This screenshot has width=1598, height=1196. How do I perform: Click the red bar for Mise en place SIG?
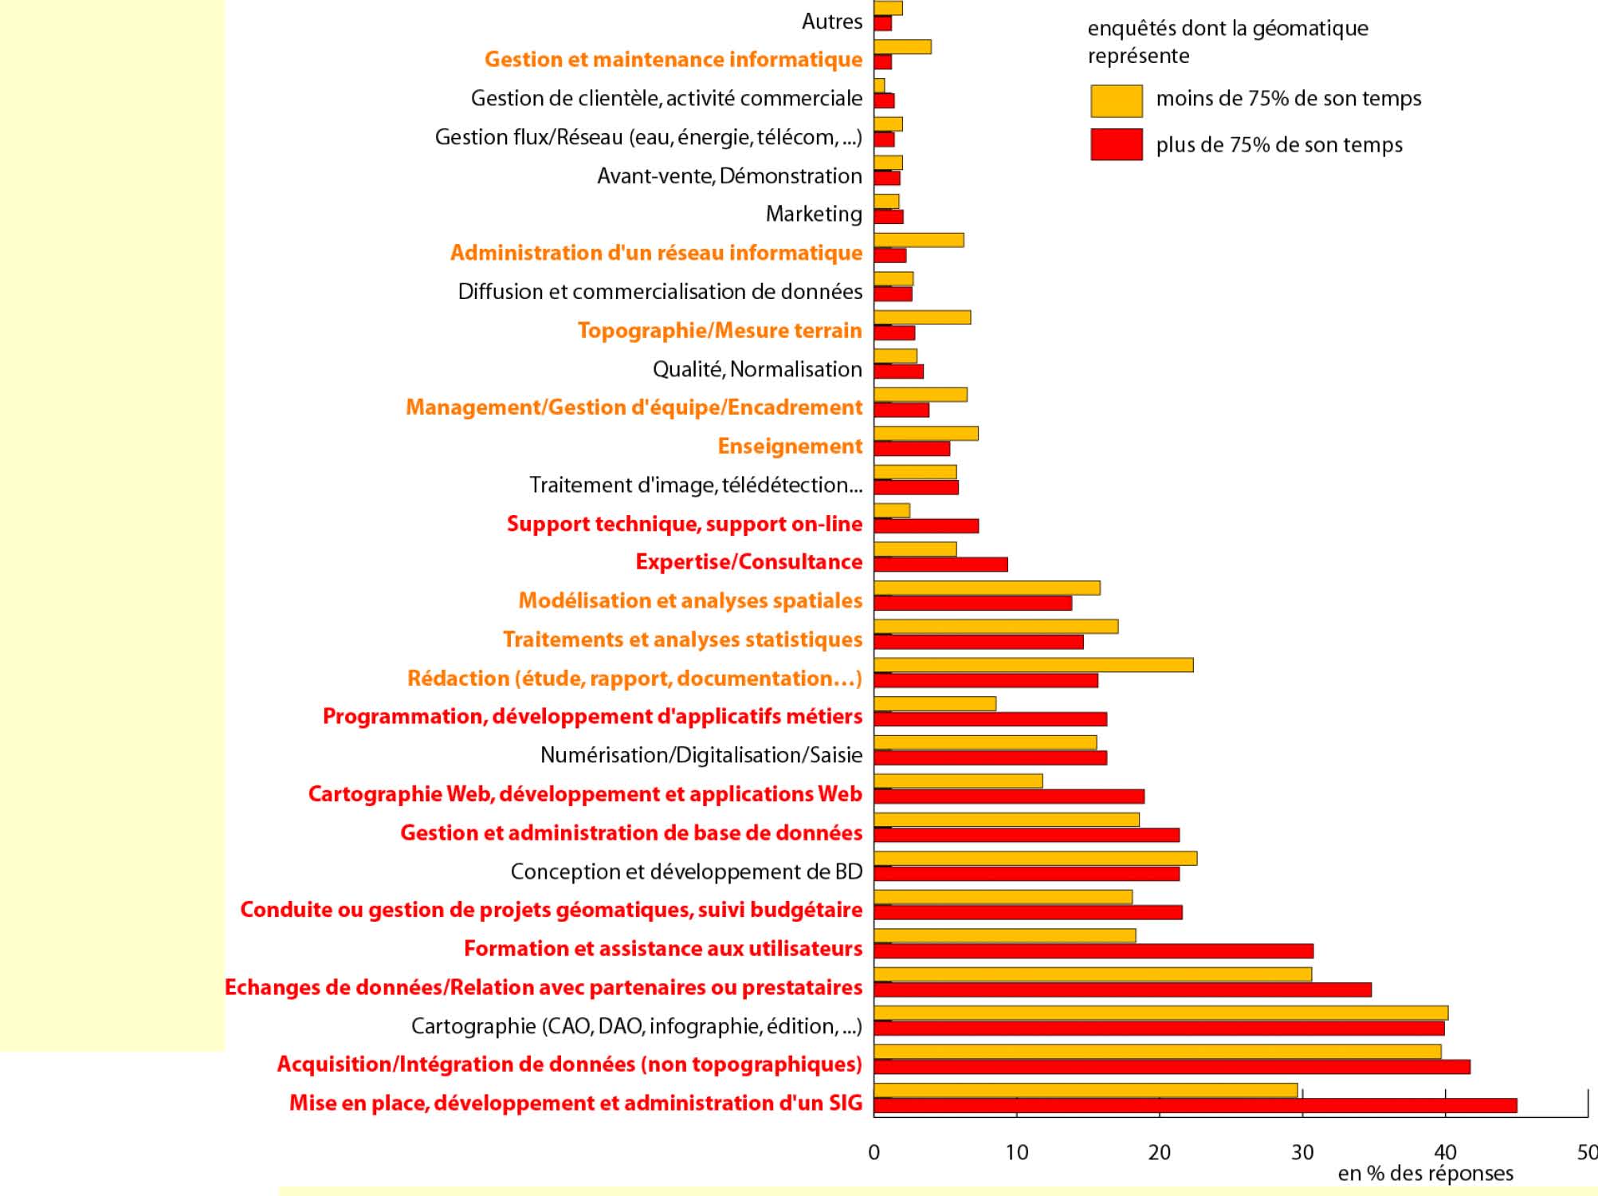coord(1195,1105)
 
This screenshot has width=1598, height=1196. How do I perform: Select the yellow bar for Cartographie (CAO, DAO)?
coord(1160,1013)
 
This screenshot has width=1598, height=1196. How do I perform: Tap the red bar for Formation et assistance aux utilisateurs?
coord(1093,950)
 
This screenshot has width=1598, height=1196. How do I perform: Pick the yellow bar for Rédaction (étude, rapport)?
coord(1033,665)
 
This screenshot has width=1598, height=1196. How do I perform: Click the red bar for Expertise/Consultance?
coord(940,565)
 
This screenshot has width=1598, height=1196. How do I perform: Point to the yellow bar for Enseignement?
coord(925,433)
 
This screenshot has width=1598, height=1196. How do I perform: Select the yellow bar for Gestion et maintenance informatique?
coord(902,47)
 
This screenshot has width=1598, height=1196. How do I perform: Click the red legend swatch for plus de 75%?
coord(1116,144)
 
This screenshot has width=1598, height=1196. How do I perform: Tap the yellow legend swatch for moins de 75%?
coord(1116,100)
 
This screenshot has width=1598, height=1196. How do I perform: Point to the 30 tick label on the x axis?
coord(1302,1152)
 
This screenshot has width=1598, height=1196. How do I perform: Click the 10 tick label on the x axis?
coord(1016,1152)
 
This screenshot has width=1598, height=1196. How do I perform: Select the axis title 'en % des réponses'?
coord(1425,1174)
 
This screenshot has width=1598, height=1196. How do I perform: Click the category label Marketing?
coord(814,214)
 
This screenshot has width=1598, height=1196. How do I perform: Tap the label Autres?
coord(831,22)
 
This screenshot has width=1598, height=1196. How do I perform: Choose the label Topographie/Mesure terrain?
coord(720,330)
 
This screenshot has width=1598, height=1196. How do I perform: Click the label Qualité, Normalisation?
coord(757,369)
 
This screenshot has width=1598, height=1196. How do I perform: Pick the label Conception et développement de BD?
coord(686,871)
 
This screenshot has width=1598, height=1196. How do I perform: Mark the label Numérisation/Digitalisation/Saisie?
coord(701,755)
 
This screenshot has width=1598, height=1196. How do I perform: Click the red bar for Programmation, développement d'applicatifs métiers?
coord(990,719)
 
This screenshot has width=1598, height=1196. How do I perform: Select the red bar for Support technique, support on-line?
coord(926,525)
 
